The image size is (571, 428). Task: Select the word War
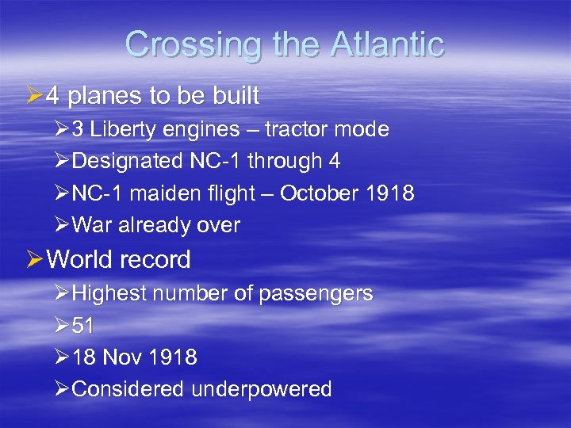click(93, 225)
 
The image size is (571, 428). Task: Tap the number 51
click(83, 326)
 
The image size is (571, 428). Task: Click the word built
click(234, 96)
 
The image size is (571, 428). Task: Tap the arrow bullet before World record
click(33, 260)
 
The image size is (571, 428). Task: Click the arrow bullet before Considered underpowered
click(62, 389)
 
